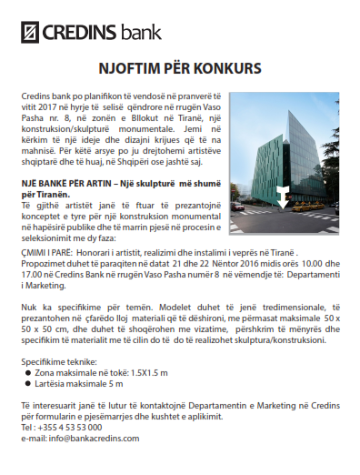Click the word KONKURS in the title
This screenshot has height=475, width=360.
click(x=227, y=69)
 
